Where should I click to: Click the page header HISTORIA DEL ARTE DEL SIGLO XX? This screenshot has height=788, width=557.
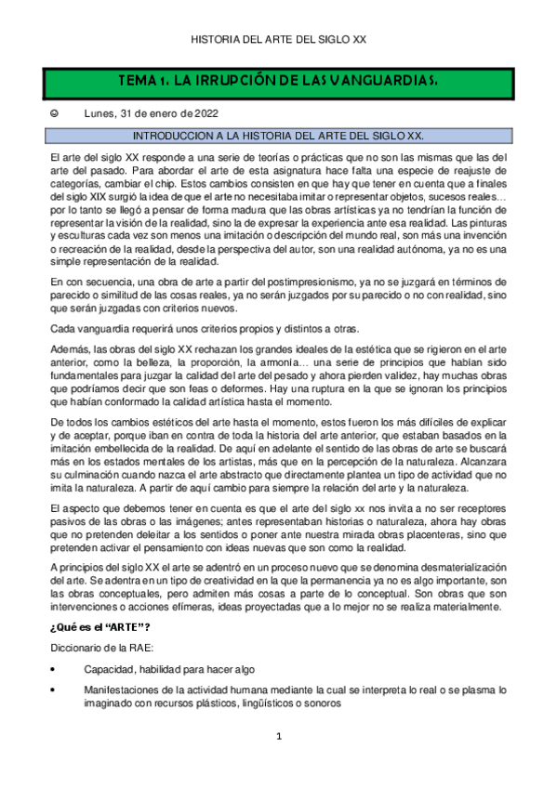pos(278,40)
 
